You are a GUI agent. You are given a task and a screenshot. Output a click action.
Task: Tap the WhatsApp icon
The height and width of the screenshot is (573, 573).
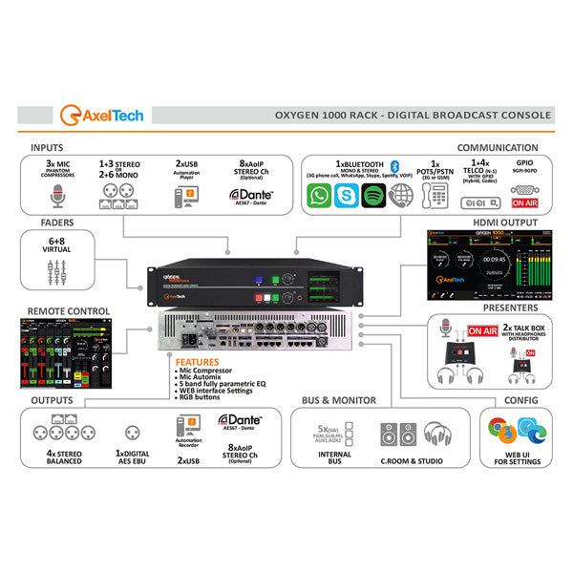320,197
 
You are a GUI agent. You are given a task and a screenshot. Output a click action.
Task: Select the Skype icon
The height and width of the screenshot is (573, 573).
347,197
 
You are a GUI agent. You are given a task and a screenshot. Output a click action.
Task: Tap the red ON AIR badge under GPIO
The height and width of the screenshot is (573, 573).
524,202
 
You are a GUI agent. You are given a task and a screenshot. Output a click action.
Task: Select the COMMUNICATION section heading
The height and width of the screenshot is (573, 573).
497,148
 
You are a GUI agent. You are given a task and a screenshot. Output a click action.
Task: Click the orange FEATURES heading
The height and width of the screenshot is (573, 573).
198,363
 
